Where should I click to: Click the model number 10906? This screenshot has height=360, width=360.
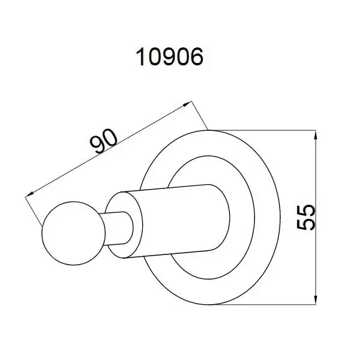[x=170, y=57]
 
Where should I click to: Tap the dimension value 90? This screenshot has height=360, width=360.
[x=104, y=141]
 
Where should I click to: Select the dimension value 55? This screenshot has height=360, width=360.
[x=306, y=217]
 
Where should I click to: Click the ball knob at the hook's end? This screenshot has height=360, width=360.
[x=73, y=233]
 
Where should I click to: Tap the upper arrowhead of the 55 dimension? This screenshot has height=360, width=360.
[x=316, y=136]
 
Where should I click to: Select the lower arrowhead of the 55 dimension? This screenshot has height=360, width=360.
[x=316, y=299]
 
